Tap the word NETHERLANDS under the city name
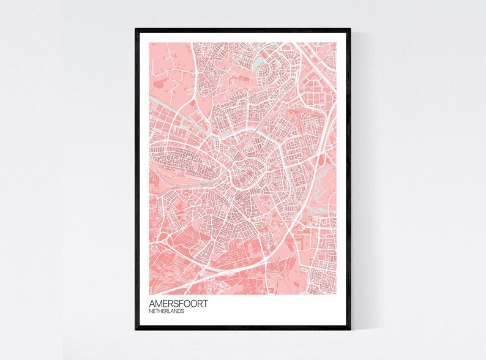166,311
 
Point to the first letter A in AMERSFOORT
152,304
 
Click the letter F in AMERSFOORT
183,304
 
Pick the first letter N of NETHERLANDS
151,311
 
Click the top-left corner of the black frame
136,28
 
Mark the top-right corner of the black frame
351,28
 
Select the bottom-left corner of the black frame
136,330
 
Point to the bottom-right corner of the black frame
351,330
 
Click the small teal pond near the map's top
260,61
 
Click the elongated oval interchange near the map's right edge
320,160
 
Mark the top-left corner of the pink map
149,42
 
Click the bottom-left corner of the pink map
149,288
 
